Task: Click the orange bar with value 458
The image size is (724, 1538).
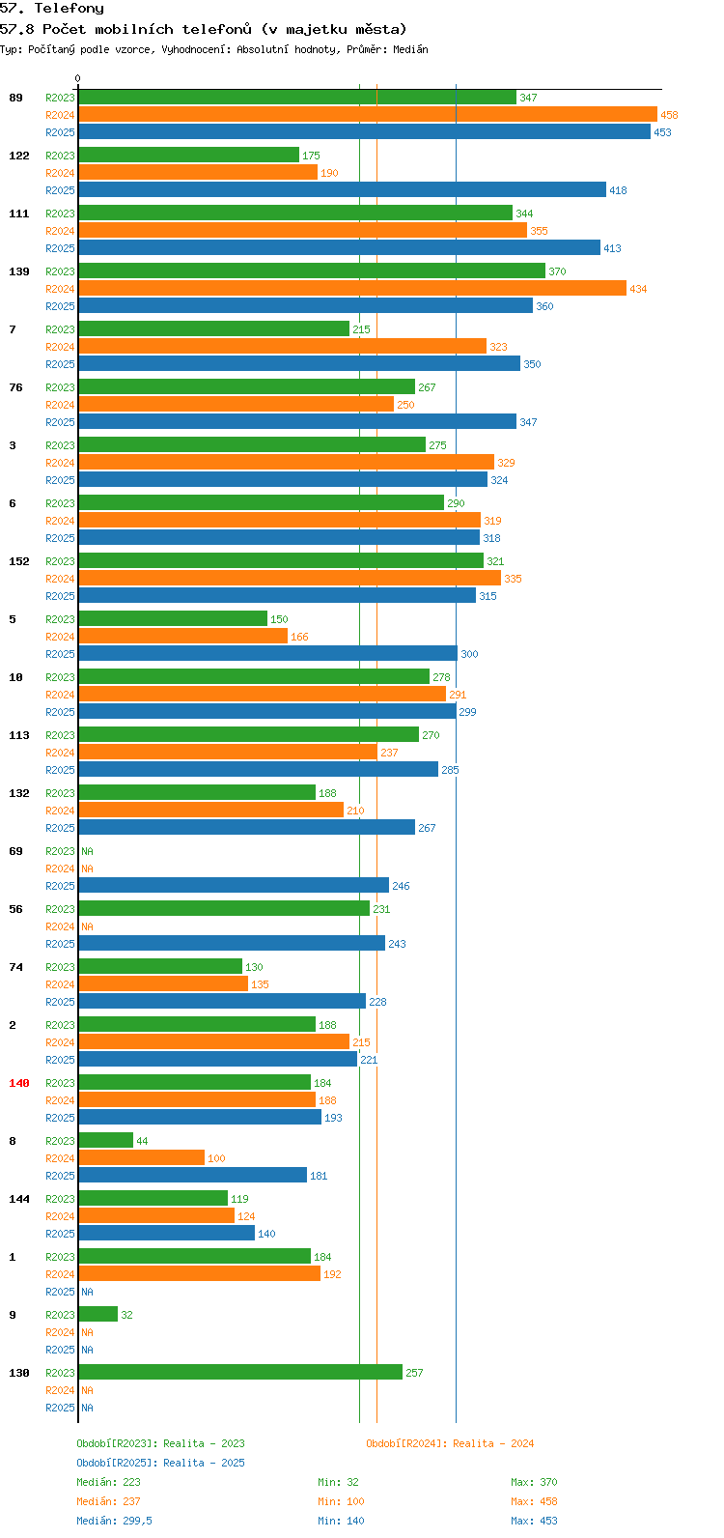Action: [x=368, y=115]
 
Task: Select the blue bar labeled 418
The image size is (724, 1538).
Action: [x=343, y=190]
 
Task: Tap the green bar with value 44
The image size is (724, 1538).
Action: [x=105, y=1140]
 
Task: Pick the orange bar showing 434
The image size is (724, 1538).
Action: [x=352, y=288]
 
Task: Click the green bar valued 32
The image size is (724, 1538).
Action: [x=98, y=1314]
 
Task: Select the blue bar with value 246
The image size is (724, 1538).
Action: [x=234, y=886]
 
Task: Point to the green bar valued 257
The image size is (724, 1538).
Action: [x=241, y=1373]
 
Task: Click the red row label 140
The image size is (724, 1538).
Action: [x=19, y=1083]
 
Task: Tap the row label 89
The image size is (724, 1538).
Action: [x=15, y=98]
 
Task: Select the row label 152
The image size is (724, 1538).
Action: [x=19, y=561]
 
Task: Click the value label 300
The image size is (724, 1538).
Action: [x=469, y=654]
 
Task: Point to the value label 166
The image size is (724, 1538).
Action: [x=299, y=637]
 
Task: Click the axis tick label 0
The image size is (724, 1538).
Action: [x=77, y=78]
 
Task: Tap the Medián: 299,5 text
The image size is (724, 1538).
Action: [x=114, y=1521]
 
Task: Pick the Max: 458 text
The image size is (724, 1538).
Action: [x=534, y=1501]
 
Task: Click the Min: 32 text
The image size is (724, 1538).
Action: [x=338, y=1482]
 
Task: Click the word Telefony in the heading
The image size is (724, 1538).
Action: [x=70, y=9]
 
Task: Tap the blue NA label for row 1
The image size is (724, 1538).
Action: [x=87, y=1292]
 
